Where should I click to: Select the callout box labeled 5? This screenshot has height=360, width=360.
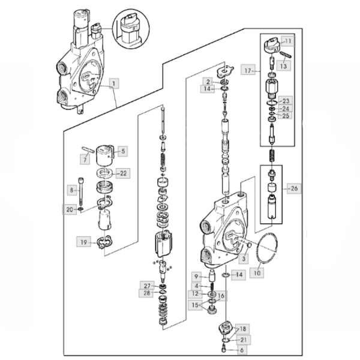point(122,151)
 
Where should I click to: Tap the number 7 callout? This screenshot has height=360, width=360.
point(86,159)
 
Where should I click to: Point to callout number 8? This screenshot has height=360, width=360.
point(71,190)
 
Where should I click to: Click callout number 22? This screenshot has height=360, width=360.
point(122,173)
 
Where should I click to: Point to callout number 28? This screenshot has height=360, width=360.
point(147,293)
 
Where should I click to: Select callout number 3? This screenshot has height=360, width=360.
point(243,259)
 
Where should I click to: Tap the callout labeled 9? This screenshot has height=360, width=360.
point(196,276)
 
